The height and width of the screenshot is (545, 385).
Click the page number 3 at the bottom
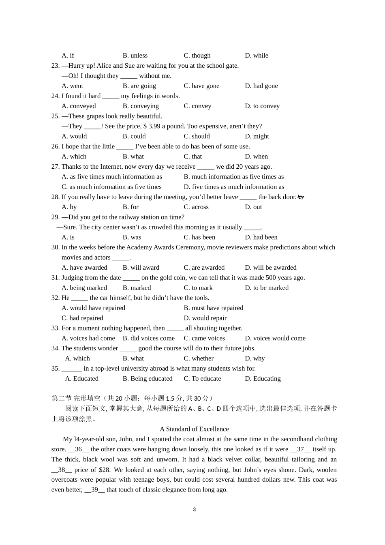pos(194,510)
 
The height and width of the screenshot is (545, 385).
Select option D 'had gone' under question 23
pos(261,86)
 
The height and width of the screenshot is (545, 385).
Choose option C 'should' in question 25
pos(197,136)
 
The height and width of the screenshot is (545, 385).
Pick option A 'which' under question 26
pos(74,157)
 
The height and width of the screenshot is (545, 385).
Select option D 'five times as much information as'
pos(234,187)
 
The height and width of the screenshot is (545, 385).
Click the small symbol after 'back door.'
pos(301,197)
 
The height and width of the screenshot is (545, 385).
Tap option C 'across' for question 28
pos(196,207)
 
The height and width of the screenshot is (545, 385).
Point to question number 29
pos(55,217)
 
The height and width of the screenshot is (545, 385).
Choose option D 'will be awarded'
pos(270,268)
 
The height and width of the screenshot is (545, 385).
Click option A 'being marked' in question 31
pos(84,288)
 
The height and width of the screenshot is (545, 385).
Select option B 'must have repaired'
pos(213,308)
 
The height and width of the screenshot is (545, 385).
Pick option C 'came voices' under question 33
pos(204,338)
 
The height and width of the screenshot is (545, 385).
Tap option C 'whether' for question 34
pos(199,358)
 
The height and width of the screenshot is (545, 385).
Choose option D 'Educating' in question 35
pos(263,379)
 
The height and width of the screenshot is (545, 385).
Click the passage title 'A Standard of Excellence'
pos(194,429)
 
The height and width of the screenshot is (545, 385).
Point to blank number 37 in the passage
pos(300,449)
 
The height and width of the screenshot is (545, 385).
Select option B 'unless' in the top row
pos(135,56)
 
